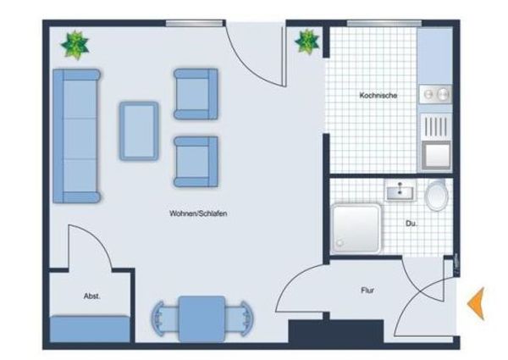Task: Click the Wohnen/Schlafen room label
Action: click(198, 213)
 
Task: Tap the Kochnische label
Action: click(378, 96)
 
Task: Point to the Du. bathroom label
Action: click(411, 224)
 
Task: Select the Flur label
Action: click(367, 290)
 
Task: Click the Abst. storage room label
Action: click(92, 296)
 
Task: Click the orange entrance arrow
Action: click(477, 303)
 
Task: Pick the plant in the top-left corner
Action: click(75, 45)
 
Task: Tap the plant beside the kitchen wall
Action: click(307, 42)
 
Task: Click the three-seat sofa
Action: click(77, 136)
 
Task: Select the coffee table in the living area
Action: click(139, 131)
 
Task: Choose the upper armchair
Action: click(196, 94)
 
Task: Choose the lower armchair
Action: click(196, 162)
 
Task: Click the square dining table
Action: click(202, 318)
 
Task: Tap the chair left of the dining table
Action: click(164, 318)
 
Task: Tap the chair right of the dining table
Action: click(240, 318)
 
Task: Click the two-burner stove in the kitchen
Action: click(435, 94)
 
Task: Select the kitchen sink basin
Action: click(436, 155)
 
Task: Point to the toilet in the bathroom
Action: click(437, 195)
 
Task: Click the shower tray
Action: click(356, 228)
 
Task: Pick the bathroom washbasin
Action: click(400, 191)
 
